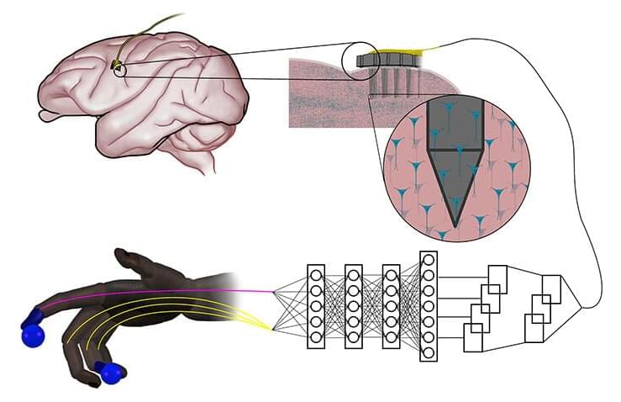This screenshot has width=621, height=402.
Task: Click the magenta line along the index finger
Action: [x=168, y=292]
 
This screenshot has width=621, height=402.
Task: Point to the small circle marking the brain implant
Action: [x=118, y=68]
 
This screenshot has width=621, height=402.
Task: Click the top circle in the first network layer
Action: [x=316, y=275]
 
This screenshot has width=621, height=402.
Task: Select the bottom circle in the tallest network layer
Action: [x=429, y=352]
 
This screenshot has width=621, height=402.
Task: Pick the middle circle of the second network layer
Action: [x=354, y=306]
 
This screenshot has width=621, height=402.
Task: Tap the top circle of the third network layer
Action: [x=391, y=275]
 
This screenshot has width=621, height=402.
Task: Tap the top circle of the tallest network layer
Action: [x=429, y=259]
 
